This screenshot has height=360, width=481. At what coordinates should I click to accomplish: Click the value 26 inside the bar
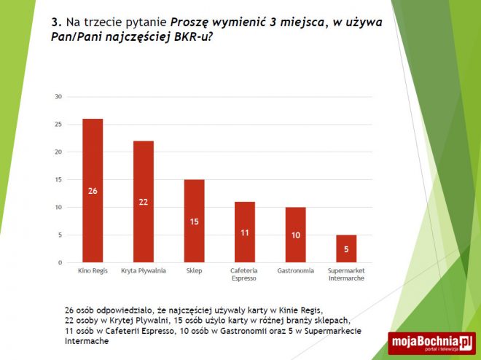[x=93, y=190]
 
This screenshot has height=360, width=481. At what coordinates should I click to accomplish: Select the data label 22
[x=143, y=201]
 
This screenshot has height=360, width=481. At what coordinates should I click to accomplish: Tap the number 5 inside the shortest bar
[x=346, y=249]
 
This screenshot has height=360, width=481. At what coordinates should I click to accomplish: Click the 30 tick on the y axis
[x=58, y=96]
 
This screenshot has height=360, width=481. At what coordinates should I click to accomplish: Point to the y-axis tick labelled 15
[x=58, y=179]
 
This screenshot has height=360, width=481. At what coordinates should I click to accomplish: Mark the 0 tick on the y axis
[x=60, y=262]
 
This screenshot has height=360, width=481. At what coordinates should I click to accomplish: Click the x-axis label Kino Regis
[x=93, y=271]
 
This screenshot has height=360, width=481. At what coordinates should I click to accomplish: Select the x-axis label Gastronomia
[x=295, y=271]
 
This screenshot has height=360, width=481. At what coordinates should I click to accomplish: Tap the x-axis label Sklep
[x=194, y=271]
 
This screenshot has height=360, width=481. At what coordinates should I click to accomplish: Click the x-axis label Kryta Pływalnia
[x=143, y=271]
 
